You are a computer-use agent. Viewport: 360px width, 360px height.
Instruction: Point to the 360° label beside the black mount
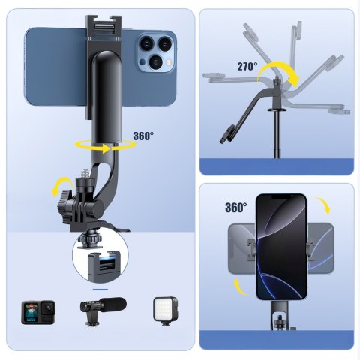point(143,136)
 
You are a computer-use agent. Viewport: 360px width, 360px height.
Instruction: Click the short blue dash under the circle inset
point(100,287)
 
